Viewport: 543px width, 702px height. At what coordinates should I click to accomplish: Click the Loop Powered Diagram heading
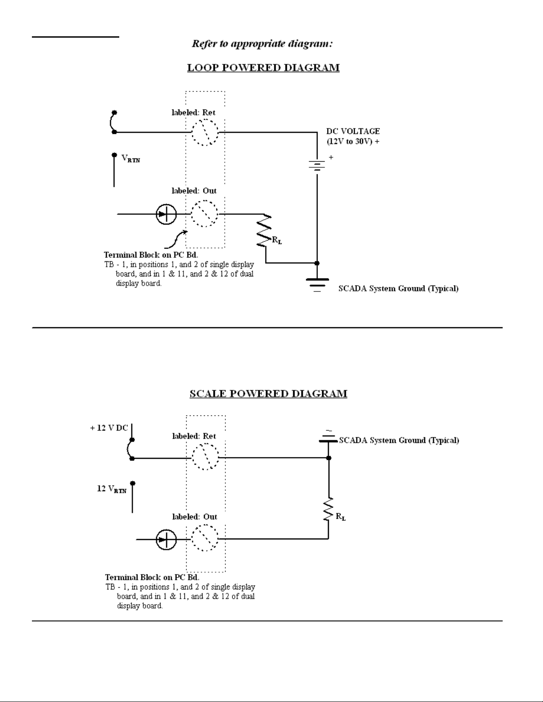click(263, 68)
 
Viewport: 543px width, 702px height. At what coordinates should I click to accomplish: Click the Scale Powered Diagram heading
click(268, 394)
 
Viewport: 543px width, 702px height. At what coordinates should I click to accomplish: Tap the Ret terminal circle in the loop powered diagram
click(205, 132)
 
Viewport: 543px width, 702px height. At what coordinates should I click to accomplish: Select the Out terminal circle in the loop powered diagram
click(204, 213)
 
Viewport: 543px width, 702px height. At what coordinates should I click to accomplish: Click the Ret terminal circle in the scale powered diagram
click(206, 457)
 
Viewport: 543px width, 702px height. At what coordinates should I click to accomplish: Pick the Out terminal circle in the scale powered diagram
click(205, 538)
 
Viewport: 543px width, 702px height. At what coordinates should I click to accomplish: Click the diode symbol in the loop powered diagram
click(166, 214)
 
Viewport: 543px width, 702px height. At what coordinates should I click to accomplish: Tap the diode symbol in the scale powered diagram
click(166, 539)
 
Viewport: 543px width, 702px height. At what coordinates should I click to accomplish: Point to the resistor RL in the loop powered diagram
click(264, 230)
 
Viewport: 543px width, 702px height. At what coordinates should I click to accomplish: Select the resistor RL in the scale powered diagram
click(328, 509)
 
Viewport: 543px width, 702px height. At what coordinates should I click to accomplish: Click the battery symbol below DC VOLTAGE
click(317, 165)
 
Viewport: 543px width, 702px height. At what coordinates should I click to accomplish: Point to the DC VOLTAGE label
click(353, 136)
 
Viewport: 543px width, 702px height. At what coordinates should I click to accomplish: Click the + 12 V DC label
click(109, 428)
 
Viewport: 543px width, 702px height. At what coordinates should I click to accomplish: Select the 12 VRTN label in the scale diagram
click(112, 489)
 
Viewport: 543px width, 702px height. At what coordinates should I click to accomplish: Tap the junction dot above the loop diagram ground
click(317, 263)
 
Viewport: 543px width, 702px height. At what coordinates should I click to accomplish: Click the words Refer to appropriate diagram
click(262, 43)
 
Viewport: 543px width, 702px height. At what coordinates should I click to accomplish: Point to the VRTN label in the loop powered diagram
click(131, 159)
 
